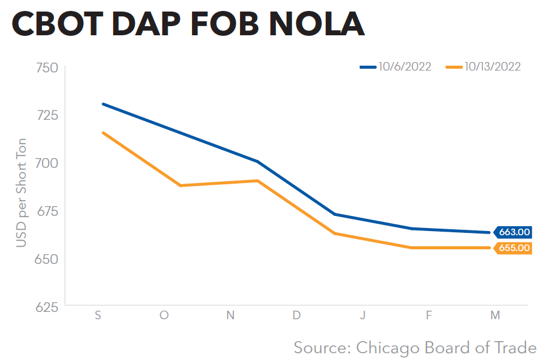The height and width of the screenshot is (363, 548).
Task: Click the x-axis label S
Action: [x=98, y=315]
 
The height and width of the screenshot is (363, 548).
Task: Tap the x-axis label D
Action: [x=296, y=315]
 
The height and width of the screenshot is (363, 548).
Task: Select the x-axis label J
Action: [x=363, y=315]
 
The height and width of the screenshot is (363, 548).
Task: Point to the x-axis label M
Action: [x=495, y=315]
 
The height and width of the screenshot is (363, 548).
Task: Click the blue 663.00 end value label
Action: [x=514, y=232]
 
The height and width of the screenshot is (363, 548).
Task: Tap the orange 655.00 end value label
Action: [x=514, y=248]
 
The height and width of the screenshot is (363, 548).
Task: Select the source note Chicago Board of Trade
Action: [x=415, y=348]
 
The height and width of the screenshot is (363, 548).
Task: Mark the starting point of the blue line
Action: [x=103, y=104]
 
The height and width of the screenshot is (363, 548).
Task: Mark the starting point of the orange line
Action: [x=103, y=132]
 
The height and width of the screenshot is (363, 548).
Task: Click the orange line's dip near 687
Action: [x=180, y=185]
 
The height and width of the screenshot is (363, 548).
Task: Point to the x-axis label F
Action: [x=429, y=315]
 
